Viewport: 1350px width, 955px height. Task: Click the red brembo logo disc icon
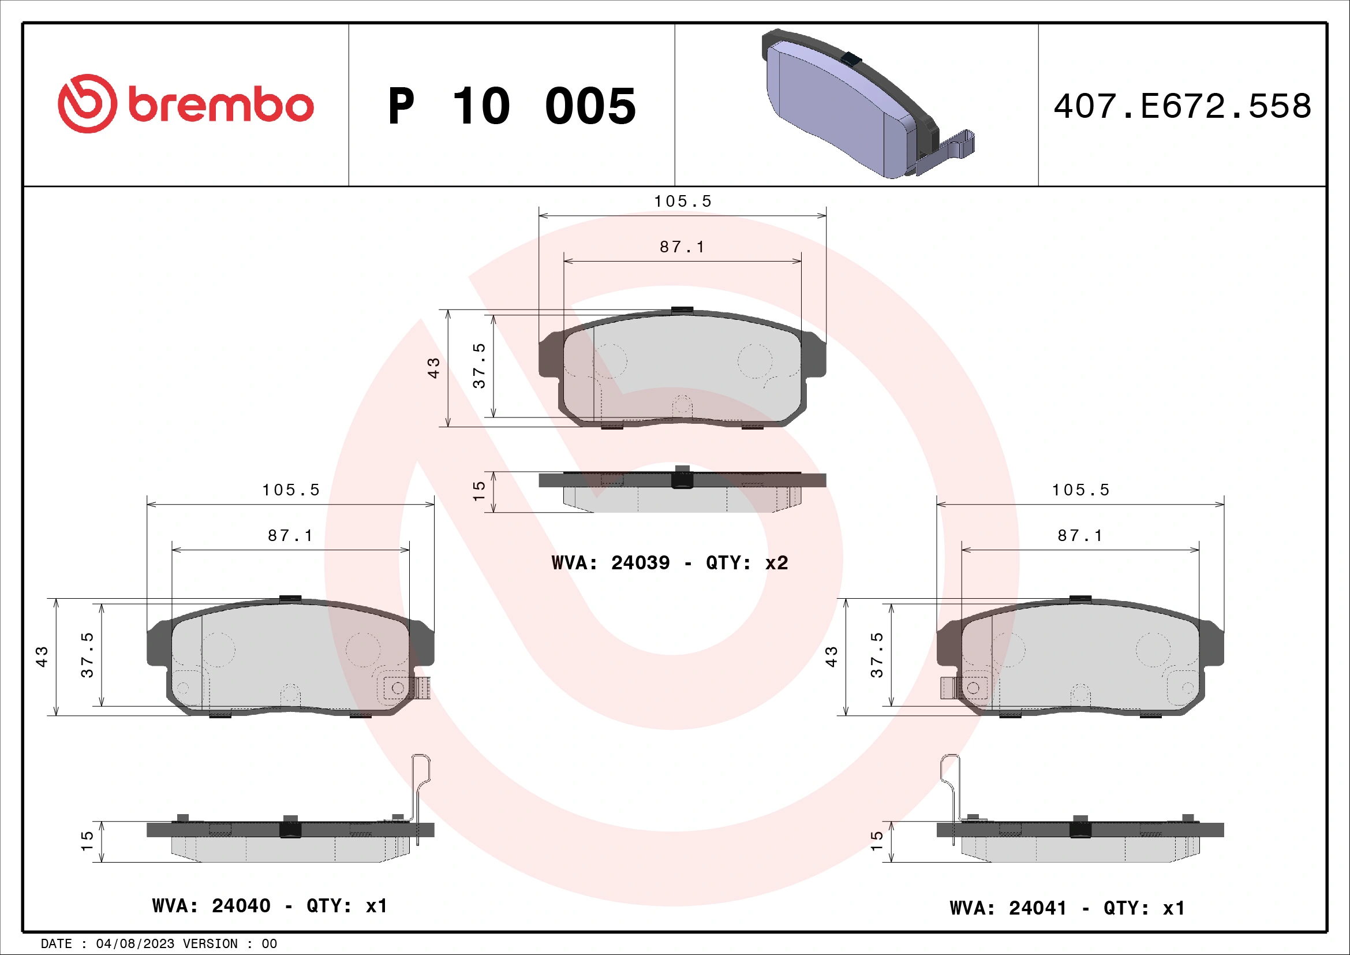click(x=87, y=103)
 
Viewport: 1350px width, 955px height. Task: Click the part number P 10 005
click(x=511, y=106)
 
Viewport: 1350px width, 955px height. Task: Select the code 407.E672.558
click(x=1182, y=106)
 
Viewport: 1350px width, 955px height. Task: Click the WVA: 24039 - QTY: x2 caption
click(x=669, y=563)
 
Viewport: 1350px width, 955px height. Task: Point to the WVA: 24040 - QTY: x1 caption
click(x=270, y=905)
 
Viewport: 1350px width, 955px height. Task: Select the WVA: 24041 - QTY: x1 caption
click(x=1067, y=908)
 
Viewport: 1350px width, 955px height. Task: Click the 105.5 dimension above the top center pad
click(x=683, y=201)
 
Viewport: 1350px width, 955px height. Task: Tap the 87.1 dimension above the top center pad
click(x=682, y=247)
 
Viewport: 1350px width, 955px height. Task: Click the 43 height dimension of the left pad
click(x=42, y=656)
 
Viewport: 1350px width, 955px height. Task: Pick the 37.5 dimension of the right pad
click(x=877, y=655)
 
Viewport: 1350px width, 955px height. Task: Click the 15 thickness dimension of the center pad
click(x=479, y=491)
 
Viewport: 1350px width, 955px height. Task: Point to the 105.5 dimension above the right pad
click(x=1080, y=490)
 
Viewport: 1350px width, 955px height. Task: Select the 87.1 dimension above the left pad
click(x=290, y=536)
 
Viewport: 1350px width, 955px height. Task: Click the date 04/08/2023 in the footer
click(x=134, y=944)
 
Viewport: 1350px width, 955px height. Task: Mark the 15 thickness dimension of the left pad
click(x=87, y=841)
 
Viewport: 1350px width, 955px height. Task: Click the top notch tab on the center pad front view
click(x=682, y=309)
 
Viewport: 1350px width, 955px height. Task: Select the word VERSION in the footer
click(x=210, y=944)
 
